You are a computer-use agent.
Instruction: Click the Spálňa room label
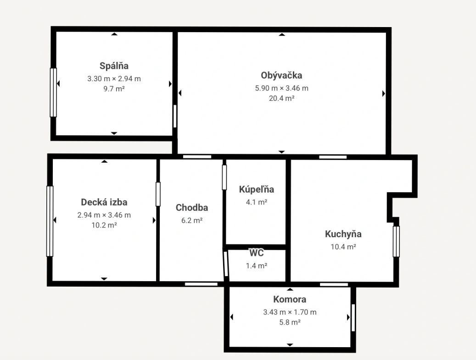(114, 66)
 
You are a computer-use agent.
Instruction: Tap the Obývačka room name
(281, 75)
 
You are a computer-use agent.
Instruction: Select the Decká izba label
(104, 202)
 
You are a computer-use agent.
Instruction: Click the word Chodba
(192, 207)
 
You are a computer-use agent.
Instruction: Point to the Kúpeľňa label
(257, 189)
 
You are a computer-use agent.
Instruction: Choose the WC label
(257, 253)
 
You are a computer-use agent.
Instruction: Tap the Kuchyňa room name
(343, 234)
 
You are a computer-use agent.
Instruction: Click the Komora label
(290, 299)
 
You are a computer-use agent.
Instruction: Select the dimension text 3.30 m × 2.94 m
(114, 79)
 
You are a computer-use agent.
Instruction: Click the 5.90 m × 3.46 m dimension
(282, 88)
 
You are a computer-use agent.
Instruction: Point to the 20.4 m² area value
(282, 98)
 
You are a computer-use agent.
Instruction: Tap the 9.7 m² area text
(114, 89)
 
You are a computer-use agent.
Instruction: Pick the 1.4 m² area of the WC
(257, 266)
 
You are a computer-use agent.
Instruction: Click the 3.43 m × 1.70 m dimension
(290, 312)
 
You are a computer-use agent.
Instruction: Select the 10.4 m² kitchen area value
(343, 247)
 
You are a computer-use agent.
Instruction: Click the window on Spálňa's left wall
(53, 93)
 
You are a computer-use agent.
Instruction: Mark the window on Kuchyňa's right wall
(396, 242)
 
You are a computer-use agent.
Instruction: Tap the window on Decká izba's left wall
(50, 221)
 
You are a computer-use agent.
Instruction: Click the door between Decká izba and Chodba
(158, 194)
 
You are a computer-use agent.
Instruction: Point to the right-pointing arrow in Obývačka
(383, 94)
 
